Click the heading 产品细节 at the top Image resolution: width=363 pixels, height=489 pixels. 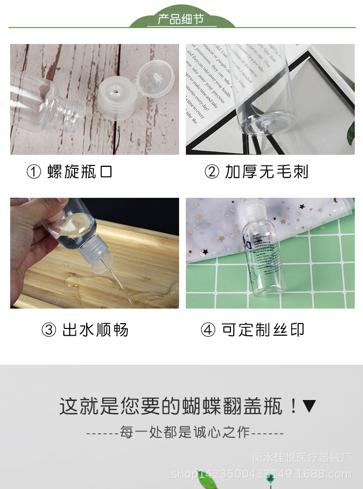tap(181, 20)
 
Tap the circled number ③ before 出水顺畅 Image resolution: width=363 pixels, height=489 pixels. tap(48, 330)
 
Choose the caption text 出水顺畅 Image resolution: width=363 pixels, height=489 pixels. tap(95, 330)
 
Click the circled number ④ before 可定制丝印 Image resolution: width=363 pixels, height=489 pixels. tap(208, 330)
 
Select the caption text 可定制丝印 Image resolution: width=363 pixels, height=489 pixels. tap(263, 330)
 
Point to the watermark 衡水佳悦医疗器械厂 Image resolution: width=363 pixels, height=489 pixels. tap(301, 458)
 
